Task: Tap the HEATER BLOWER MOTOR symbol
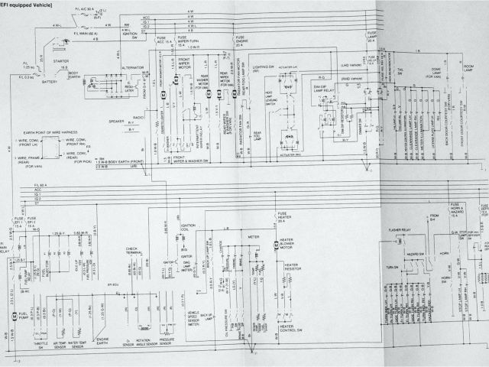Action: [x=277, y=246]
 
